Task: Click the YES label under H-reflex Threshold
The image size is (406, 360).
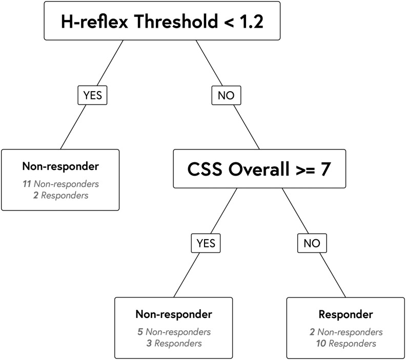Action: click(93, 95)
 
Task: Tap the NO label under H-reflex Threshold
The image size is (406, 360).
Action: click(226, 95)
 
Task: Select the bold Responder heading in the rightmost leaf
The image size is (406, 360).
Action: click(338, 314)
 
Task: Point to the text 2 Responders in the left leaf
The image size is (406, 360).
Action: click(60, 195)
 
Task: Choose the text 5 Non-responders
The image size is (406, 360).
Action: click(173, 332)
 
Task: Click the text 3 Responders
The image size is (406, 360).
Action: click(173, 343)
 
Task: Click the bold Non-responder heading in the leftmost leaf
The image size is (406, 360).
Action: click(60, 166)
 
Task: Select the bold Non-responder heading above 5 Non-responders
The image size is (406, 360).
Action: click(173, 314)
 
